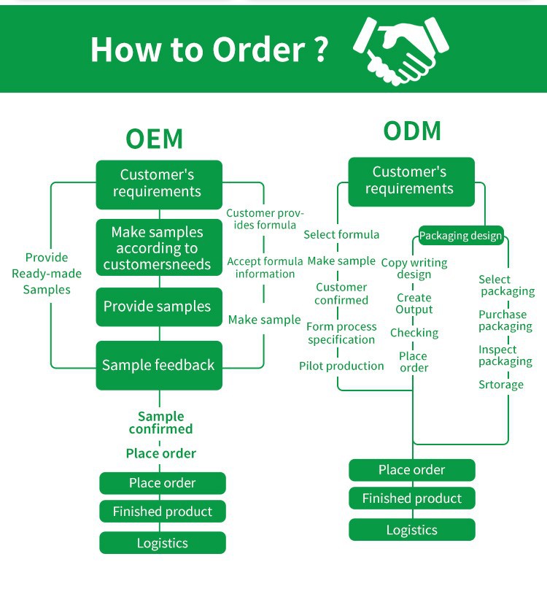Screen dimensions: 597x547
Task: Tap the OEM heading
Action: coord(154,139)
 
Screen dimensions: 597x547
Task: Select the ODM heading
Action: coord(412,131)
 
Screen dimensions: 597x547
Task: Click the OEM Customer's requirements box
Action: coord(159,184)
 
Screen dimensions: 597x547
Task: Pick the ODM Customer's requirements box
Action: coord(411,181)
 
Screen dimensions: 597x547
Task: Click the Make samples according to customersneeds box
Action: coord(158,248)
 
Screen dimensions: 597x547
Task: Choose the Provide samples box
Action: coord(158,307)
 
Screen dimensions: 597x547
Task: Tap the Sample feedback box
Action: coord(158,365)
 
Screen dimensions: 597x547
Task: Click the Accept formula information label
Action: coord(265,267)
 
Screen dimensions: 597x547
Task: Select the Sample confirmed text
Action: coord(160,423)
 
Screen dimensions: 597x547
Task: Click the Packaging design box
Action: coord(460,236)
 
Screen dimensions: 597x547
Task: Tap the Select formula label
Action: coord(341,234)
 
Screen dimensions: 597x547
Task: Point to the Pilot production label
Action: coord(341,366)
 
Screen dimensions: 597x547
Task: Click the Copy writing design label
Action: coord(414,269)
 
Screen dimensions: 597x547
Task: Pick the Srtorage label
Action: coord(501,385)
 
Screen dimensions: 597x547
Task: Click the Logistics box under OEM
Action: coord(163,543)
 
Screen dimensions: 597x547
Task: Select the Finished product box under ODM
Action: coord(412,498)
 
